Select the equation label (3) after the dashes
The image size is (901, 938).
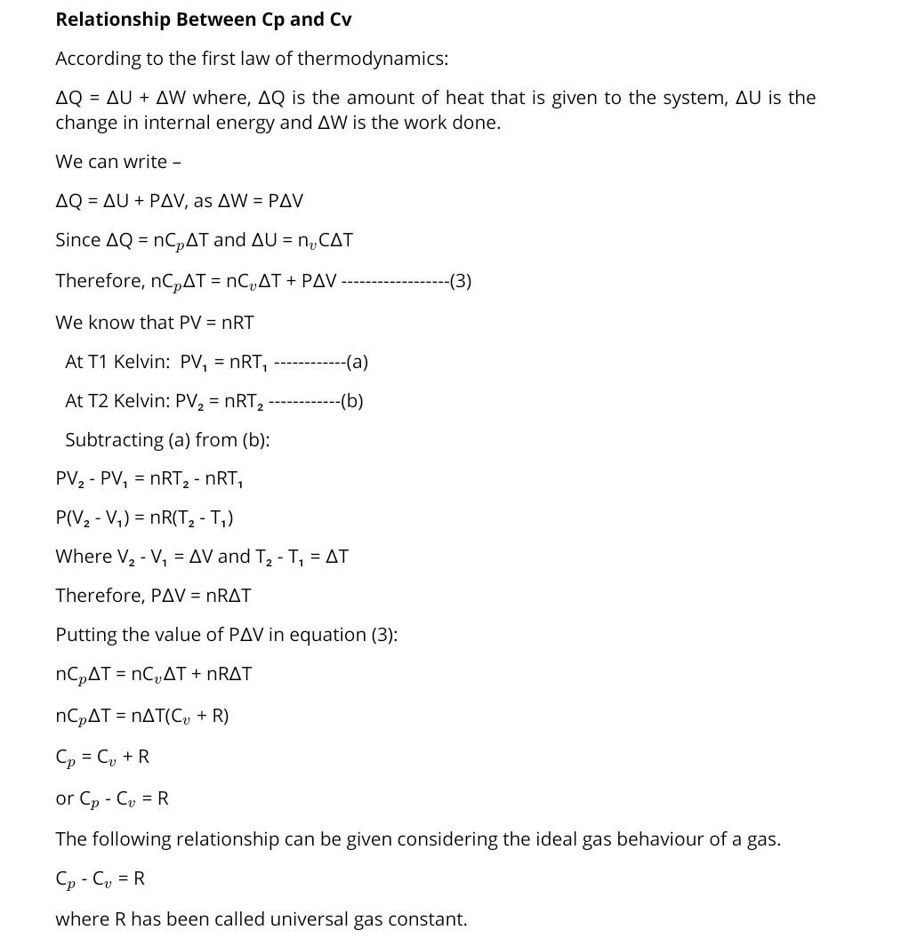[461, 281]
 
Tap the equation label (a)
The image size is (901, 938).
[358, 362]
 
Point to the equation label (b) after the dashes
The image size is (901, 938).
[352, 401]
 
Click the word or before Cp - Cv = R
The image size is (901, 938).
[64, 798]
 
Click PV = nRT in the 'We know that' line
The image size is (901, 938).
[216, 323]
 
